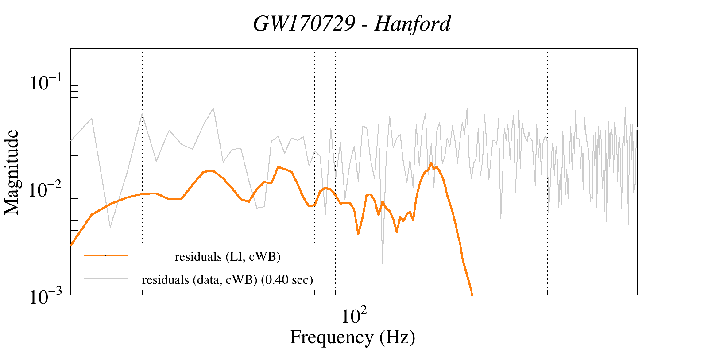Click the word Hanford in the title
(412, 23)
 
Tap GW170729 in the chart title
(304, 23)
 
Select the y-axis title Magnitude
(12, 172)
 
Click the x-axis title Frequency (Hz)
(352, 337)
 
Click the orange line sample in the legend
(106, 255)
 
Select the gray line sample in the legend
(106, 279)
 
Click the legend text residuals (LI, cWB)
(228, 256)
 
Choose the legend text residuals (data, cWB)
(200, 279)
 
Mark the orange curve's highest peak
(431, 163)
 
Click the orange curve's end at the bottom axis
(472, 294)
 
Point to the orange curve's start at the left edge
(71, 244)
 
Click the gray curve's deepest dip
(383, 264)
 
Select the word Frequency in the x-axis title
(331, 337)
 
